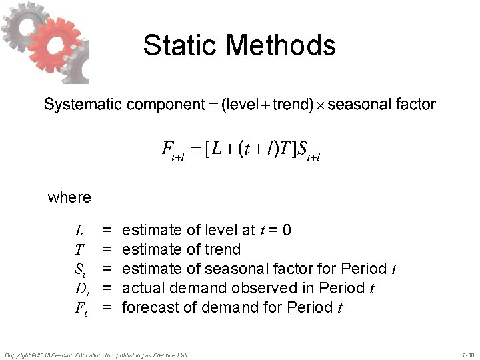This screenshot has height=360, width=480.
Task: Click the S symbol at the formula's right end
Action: coord(304,148)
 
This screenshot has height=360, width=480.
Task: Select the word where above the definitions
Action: coord(69,197)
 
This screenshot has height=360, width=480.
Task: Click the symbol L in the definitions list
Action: coord(79,231)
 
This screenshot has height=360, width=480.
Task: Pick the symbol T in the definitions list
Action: coord(79,250)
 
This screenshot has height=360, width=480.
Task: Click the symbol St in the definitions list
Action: coord(80,269)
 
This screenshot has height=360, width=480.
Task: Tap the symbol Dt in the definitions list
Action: coord(82,288)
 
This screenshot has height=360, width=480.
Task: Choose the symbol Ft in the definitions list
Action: coord(81,307)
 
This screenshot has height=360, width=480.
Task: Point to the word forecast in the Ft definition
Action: coord(149,307)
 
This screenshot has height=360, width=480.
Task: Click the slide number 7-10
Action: coord(467,354)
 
